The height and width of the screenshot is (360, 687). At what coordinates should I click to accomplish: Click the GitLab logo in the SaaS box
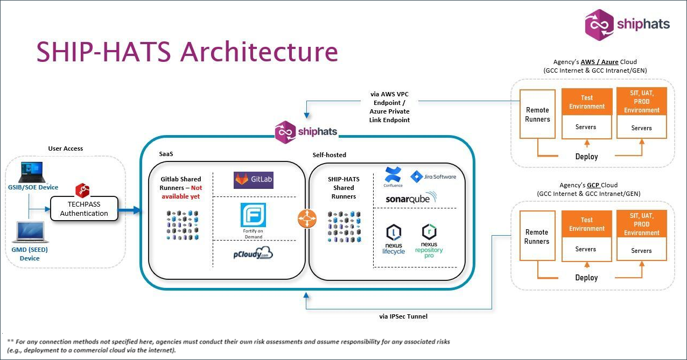(254, 180)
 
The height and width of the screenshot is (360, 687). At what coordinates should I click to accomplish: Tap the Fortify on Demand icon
(254, 217)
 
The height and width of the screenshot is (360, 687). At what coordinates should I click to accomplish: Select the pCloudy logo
(253, 253)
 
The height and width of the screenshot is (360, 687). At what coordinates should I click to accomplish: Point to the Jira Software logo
(433, 177)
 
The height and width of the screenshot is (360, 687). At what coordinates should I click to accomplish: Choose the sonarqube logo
(411, 199)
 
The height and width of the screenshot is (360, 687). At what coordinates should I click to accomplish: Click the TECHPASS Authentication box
(84, 208)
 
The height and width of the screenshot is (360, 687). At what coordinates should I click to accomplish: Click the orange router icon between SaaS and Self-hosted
(307, 218)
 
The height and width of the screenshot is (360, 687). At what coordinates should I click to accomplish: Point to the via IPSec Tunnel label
(403, 316)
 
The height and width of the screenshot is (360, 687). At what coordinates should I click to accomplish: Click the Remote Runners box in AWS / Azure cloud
(537, 115)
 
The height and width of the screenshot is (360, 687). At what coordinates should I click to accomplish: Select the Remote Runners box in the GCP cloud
(537, 237)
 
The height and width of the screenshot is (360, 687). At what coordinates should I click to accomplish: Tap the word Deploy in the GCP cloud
(586, 278)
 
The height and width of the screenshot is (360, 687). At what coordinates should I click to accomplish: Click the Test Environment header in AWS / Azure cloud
(587, 102)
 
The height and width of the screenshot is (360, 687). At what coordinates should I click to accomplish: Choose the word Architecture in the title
(259, 52)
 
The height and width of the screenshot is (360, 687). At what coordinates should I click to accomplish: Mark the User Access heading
(66, 149)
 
